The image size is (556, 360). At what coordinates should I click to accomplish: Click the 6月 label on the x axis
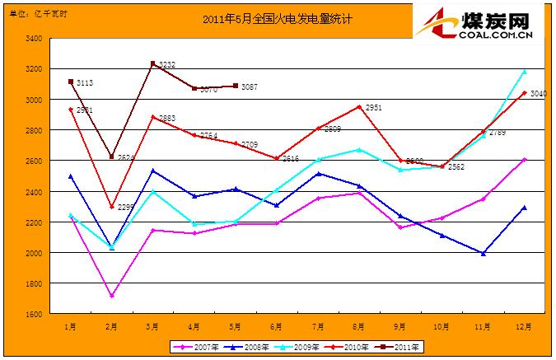point(277,326)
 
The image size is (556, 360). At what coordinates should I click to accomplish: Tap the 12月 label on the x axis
point(524,326)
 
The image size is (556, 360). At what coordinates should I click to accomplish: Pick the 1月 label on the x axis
point(71,326)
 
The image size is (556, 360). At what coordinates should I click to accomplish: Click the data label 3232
point(167,64)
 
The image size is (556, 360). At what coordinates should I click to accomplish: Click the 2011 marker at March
point(153,63)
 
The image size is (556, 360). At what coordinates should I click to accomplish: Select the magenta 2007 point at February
point(112,296)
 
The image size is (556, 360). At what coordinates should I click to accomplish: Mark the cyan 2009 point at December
point(524,72)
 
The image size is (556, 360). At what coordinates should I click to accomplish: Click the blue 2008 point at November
point(483,254)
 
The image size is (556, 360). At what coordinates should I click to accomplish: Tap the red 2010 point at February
point(112,207)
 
